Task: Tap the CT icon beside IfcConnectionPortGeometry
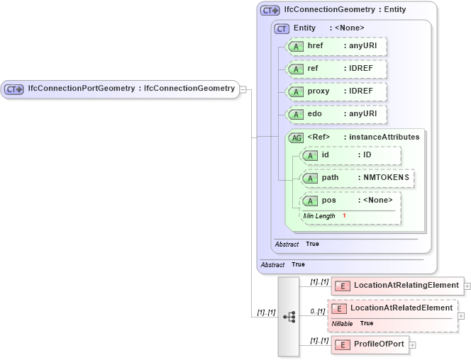point(14,89)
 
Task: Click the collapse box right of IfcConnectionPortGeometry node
point(243,89)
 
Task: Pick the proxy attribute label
point(318,92)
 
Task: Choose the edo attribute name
point(315,114)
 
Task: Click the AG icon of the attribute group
point(296,137)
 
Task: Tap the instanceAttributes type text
point(381,137)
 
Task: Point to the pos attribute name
point(328,200)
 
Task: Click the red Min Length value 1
point(344,215)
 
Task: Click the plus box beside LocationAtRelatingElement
point(467,286)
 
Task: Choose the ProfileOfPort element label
point(379,344)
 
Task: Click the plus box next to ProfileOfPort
point(412,345)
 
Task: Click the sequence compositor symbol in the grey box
point(289,317)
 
